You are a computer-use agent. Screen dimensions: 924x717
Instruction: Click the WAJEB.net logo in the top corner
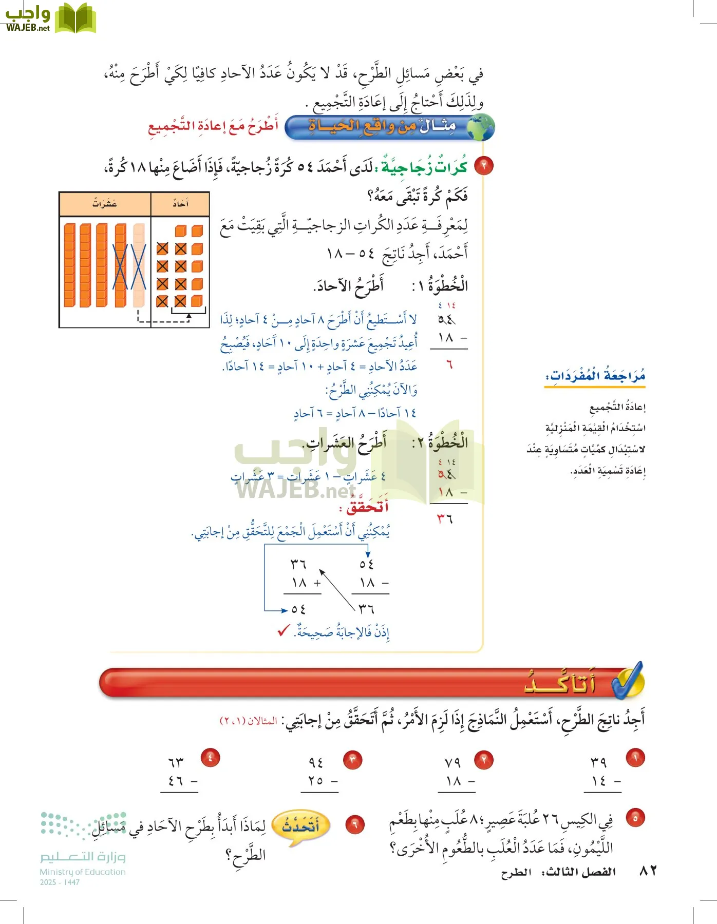[50, 18]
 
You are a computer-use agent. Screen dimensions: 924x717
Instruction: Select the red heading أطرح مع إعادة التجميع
[213, 126]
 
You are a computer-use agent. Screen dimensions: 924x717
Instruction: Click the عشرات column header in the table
[105, 204]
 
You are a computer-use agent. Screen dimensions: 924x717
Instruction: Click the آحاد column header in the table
[180, 204]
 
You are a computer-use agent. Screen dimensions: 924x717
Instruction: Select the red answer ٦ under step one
[449, 365]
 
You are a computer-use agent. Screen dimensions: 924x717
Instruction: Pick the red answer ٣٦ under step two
[445, 519]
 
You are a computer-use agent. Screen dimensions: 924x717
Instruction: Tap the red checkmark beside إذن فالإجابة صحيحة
[284, 630]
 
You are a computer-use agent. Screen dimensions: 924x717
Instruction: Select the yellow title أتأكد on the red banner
[560, 683]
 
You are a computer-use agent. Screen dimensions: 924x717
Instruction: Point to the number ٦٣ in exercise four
[176, 762]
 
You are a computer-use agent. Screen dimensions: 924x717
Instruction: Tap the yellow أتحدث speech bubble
[301, 826]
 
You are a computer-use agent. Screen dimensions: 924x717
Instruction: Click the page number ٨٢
[648, 871]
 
